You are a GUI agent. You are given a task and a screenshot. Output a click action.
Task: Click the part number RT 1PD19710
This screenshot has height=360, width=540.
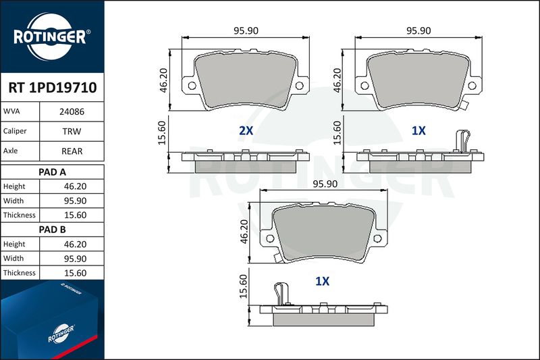pos(53,88)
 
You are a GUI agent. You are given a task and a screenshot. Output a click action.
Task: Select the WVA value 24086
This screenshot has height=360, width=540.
pos(72,111)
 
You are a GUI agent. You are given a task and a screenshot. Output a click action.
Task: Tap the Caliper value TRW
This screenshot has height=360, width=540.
pos(72,131)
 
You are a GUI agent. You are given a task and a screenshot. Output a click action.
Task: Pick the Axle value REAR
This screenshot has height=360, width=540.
pos(72,151)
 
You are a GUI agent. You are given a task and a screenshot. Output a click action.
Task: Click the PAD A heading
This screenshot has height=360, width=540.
pos(52,172)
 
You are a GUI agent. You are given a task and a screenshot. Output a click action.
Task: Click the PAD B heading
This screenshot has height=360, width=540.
pos(52,230)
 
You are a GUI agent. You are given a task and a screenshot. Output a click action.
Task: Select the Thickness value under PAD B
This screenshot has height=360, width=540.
pos(75,273)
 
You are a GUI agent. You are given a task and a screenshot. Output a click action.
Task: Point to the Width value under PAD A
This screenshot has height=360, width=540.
pos(75,201)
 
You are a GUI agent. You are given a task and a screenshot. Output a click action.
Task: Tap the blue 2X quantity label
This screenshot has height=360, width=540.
pos(246,130)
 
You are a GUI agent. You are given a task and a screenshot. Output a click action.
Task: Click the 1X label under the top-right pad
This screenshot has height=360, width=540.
pos(418,130)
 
